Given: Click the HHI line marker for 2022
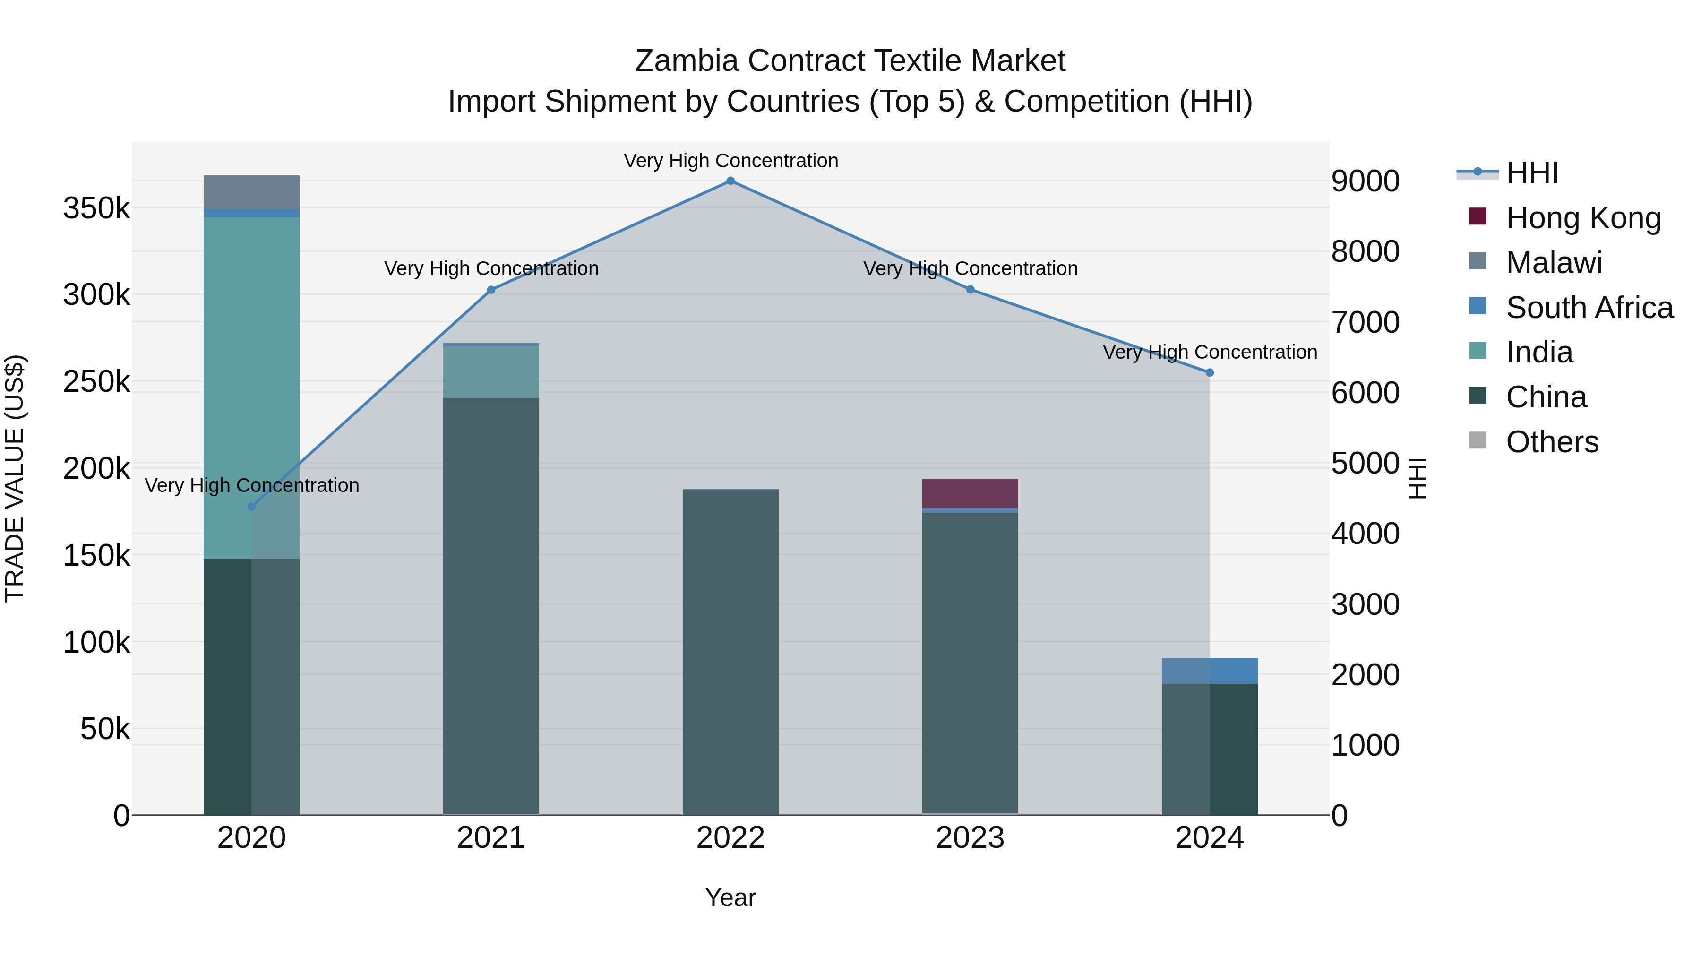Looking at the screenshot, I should point(730,181).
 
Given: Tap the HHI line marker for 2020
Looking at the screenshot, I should point(251,507).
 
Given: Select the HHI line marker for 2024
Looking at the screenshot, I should point(1210,372).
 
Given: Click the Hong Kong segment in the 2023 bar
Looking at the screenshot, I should point(970,493).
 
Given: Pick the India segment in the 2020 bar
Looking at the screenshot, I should point(251,388).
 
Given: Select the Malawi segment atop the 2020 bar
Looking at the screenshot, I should point(251,192).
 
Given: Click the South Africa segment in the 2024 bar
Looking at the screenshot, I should point(1210,670).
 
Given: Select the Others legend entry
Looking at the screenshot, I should point(1552,442).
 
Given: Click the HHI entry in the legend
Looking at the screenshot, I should point(1532,173).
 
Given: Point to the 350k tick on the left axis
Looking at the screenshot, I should point(96,209).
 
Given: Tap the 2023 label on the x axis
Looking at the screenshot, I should point(970,838).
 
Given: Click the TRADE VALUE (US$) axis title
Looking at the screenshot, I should point(15,478).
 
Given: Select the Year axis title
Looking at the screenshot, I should point(730,897).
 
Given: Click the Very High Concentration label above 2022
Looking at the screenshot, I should point(730,161).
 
